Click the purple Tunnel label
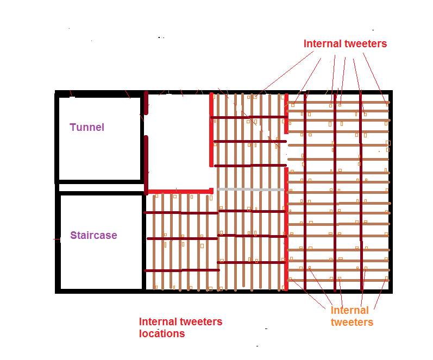[x=87, y=127]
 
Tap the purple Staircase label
[x=93, y=235]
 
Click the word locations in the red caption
[x=162, y=333]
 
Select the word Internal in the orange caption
[x=349, y=310]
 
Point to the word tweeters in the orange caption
[x=352, y=322]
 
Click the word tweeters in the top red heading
[x=366, y=43]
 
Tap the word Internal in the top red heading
[x=323, y=43]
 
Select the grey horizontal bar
[x=251, y=190]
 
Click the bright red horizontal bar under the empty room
[x=180, y=191]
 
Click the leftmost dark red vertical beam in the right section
[x=305, y=191]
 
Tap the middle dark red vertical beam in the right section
[x=335, y=192]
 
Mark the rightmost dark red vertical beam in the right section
[x=361, y=192]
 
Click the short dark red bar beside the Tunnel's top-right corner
[x=146, y=103]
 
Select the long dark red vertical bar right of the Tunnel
[x=146, y=165]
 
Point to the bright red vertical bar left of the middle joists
[x=211, y=130]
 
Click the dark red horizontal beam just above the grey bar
[x=250, y=166]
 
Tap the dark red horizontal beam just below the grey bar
[x=252, y=211]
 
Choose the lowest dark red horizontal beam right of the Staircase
[x=182, y=270]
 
